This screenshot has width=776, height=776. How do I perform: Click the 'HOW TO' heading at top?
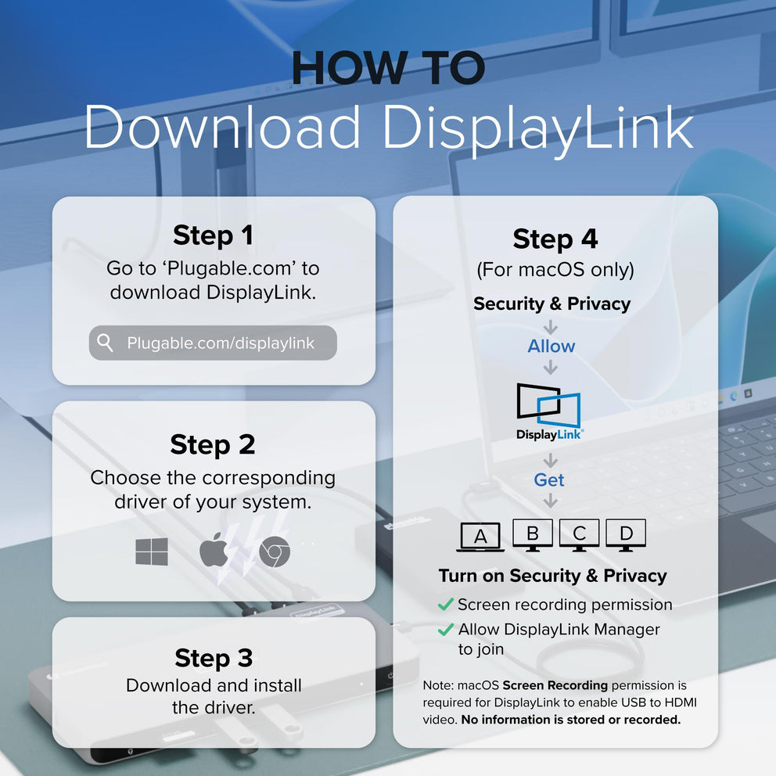pos(388,69)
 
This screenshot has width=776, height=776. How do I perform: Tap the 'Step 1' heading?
pos(213,235)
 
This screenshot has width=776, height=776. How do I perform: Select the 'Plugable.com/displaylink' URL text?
pos(221,343)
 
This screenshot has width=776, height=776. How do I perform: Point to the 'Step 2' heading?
pos(213,444)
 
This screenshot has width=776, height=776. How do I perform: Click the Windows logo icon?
pos(152,552)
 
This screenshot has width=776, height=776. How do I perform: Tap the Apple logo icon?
pos(214,551)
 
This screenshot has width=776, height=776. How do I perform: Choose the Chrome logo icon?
pos(275,553)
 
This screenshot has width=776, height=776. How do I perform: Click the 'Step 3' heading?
pos(213,658)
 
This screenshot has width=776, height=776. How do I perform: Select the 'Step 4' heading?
pos(555,239)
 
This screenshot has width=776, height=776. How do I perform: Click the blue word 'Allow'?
pos(551,346)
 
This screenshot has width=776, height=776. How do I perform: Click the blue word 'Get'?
pos(549,480)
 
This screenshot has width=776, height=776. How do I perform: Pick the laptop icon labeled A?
pos(480,537)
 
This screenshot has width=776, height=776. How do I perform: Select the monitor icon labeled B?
pos(533,535)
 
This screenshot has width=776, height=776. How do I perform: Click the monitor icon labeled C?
pos(579,535)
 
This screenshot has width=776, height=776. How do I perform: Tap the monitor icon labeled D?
pos(626,535)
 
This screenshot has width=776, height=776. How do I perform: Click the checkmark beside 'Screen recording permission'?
pos(446,605)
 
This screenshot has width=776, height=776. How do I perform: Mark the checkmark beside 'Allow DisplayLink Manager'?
pos(446,629)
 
